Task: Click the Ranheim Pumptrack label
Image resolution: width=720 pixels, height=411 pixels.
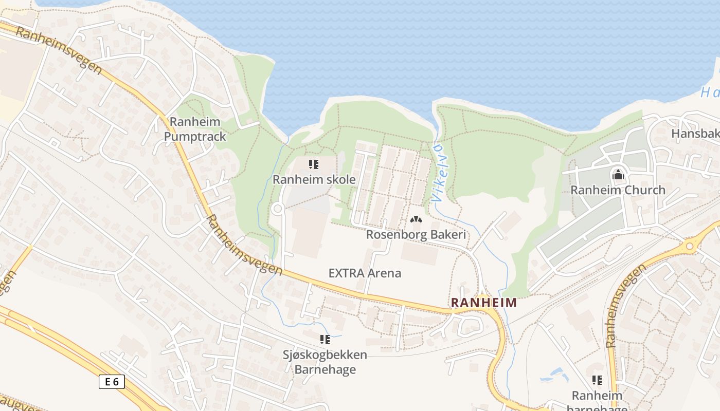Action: pyautogui.click(x=195, y=129)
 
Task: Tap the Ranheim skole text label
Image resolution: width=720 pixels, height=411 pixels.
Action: pyautogui.click(x=314, y=179)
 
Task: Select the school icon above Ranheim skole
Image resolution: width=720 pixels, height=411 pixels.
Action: pyautogui.click(x=313, y=164)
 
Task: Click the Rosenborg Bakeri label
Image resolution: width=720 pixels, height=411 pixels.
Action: pyautogui.click(x=416, y=235)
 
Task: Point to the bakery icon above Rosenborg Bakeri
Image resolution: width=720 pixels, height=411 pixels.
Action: pyautogui.click(x=416, y=220)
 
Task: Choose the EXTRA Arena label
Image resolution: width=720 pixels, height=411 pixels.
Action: pyautogui.click(x=365, y=273)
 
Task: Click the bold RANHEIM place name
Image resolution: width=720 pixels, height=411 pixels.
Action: pyautogui.click(x=483, y=303)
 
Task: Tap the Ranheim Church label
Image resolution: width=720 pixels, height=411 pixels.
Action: pyautogui.click(x=618, y=190)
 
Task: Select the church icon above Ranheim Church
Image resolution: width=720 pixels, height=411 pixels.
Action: pyautogui.click(x=618, y=175)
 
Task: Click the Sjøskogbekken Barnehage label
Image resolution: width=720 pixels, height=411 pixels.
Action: pyautogui.click(x=325, y=362)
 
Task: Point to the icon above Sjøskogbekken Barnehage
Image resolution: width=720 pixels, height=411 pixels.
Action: pyautogui.click(x=325, y=339)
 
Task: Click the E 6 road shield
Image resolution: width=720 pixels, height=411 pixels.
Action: pyautogui.click(x=112, y=382)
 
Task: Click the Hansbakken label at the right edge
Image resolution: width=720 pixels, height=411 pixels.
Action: pyautogui.click(x=695, y=134)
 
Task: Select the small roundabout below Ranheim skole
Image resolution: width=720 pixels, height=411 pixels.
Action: pyautogui.click(x=278, y=209)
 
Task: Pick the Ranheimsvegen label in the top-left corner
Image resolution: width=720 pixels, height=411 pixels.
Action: pyautogui.click(x=59, y=51)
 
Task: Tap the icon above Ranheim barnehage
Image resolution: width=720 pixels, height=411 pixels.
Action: pyautogui.click(x=597, y=380)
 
